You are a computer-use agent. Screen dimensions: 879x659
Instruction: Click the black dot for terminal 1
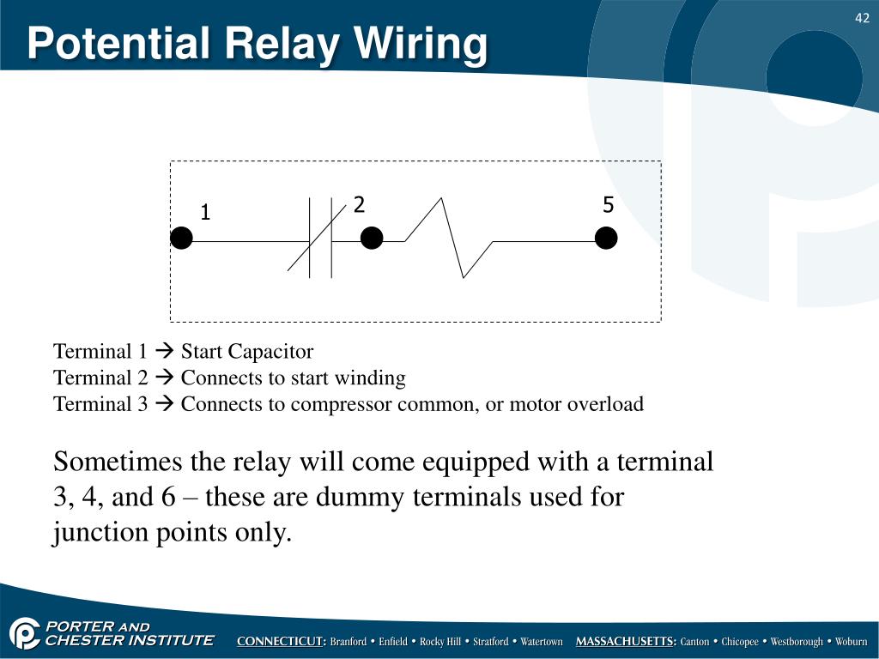pos(181,239)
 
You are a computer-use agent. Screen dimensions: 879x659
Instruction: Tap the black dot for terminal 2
pos(372,239)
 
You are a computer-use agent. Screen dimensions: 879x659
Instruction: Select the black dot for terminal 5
pos(606,239)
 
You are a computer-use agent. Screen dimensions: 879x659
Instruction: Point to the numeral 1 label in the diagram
pos(205,213)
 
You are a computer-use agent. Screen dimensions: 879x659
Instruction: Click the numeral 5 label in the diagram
pos(609,205)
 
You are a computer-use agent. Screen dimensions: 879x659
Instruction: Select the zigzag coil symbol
pos(448,239)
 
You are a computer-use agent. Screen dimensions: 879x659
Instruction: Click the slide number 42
pos(862,18)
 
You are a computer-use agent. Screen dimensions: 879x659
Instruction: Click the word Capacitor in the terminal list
pos(274,352)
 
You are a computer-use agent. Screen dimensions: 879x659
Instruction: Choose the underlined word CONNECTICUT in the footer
pos(281,642)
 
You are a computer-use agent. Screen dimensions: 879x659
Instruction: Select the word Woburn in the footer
pos(852,642)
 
